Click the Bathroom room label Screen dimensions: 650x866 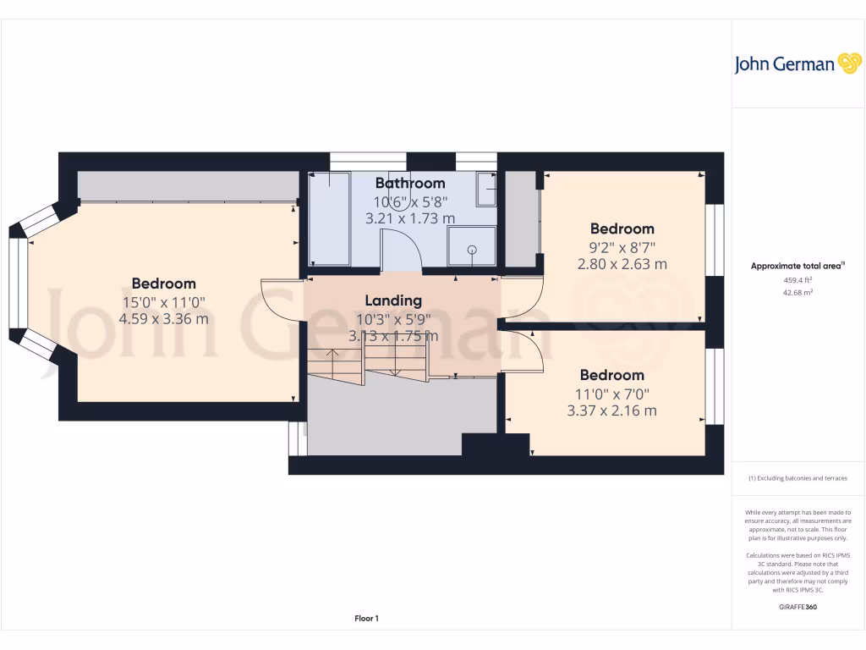click(x=409, y=183)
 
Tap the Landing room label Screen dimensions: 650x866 click(x=392, y=300)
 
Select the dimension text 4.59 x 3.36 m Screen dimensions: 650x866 click(x=163, y=319)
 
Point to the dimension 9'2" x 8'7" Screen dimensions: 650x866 click(x=622, y=247)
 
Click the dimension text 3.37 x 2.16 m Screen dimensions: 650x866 click(x=611, y=411)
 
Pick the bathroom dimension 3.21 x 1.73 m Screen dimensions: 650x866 click(x=409, y=218)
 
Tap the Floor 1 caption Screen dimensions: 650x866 click(x=366, y=619)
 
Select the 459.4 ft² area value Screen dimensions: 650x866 click(x=797, y=279)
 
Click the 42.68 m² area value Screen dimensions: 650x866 click(x=797, y=293)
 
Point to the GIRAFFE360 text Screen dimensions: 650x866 click(x=797, y=607)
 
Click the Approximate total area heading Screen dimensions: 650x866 click(x=797, y=266)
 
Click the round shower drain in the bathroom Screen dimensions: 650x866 click(x=472, y=250)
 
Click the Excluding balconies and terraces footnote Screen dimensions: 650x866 click(x=797, y=478)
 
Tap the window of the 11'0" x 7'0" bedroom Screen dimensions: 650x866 click(x=715, y=386)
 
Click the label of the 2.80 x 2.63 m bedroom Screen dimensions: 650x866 click(x=622, y=229)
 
